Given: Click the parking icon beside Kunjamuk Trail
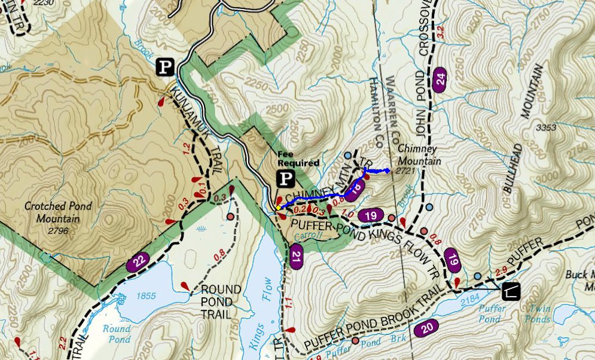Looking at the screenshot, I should point(166,67).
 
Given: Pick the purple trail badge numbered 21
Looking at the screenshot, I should point(296,258).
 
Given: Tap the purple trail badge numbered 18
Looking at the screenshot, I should point(355,190).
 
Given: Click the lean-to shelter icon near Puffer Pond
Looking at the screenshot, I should point(511,291).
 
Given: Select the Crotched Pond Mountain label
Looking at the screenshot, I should point(58,212).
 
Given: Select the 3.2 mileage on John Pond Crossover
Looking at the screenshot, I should point(441,33).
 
